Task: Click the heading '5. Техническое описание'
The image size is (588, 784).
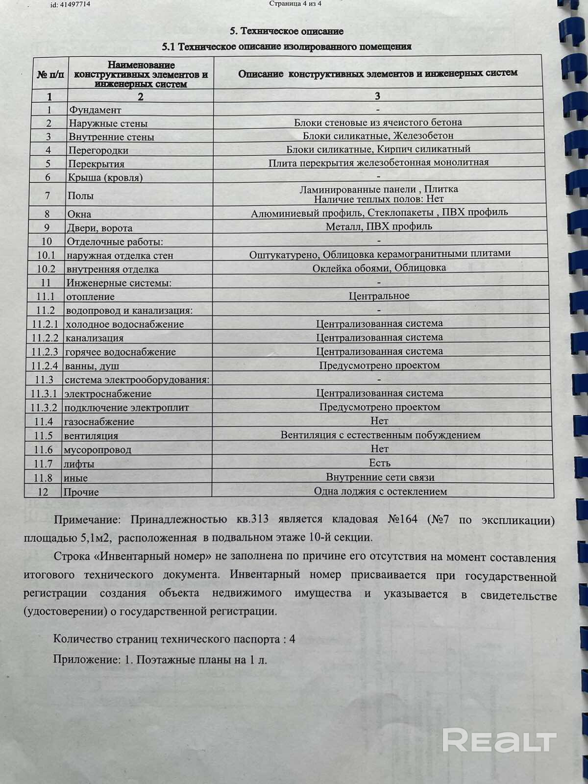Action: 287,31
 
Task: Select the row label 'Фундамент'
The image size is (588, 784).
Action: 95,110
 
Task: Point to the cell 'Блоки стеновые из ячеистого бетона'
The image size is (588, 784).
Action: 378,122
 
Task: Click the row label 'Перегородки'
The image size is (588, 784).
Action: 98,150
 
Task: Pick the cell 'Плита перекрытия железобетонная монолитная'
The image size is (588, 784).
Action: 378,163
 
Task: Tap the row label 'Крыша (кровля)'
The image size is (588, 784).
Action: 105,177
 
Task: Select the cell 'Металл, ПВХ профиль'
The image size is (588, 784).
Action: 379,226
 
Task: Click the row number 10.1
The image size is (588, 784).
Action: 46,255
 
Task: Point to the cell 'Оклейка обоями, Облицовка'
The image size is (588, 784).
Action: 379,268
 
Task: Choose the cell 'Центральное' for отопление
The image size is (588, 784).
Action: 379,296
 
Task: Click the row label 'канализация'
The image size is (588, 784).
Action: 94,338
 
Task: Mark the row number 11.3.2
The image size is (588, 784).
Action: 44,408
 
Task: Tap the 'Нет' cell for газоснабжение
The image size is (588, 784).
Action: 379,421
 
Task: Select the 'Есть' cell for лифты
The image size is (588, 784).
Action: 379,463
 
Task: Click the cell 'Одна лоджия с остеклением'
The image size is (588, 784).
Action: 380,491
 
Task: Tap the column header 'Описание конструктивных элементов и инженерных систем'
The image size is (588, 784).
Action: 377,73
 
